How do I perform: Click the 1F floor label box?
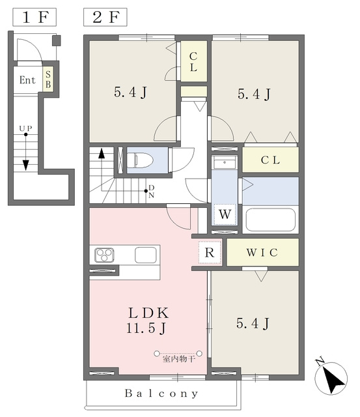coord(35,18)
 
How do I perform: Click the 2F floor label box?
coord(105,18)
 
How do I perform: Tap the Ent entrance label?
coord(27,79)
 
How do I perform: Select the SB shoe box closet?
coord(48,79)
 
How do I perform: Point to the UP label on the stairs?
coord(26,128)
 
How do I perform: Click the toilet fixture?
coord(140,160)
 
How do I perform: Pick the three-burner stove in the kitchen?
coord(104,255)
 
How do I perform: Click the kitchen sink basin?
coord(145,255)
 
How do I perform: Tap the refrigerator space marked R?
coord(210,252)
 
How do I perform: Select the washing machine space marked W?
coord(225,214)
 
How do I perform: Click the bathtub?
coord(270,220)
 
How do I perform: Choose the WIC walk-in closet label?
coord(262,252)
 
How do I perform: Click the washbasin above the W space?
coord(225,162)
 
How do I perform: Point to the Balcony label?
coord(161,394)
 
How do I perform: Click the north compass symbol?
coord(331,377)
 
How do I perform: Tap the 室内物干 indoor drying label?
coord(179,359)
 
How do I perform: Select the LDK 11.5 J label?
coord(148,321)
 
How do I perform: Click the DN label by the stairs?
coord(151,192)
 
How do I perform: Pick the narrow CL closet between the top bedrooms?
coord(194,61)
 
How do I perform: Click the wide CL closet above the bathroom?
coord(270,160)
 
